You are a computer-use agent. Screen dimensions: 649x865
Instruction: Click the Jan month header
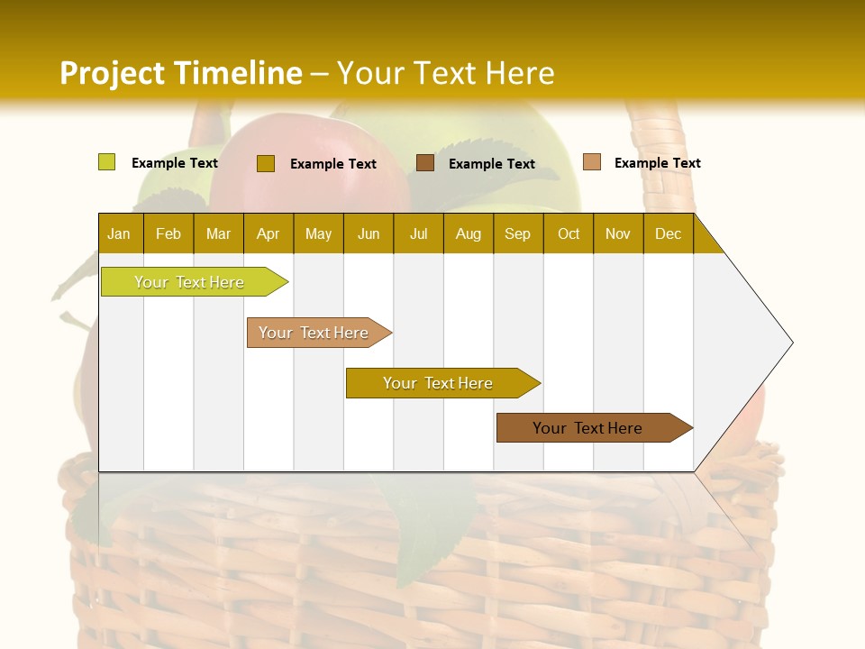coord(119,233)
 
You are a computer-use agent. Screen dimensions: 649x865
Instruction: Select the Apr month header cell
coord(268,233)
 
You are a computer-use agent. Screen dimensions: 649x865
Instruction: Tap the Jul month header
coord(418,233)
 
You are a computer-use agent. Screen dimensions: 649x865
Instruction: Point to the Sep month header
coord(517,233)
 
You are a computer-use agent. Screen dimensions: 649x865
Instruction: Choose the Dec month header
coord(668,233)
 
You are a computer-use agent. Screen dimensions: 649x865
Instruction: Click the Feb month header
coord(168,233)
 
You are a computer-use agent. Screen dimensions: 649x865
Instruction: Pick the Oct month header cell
coord(569,233)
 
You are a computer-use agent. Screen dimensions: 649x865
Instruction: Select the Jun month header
coord(369,233)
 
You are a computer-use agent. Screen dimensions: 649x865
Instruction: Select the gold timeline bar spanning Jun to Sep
coord(439,383)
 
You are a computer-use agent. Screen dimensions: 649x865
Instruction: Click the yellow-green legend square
coord(106,162)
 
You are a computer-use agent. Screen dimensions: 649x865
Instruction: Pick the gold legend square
coord(265,163)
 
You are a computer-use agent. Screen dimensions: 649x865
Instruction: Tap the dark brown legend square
coord(425,162)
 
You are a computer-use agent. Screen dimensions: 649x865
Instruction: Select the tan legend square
coord(591,162)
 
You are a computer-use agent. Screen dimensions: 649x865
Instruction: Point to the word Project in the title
coord(112,73)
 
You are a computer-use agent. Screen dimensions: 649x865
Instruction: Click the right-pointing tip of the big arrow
coord(789,343)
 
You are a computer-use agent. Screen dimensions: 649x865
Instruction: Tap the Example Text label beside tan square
coord(657,162)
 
